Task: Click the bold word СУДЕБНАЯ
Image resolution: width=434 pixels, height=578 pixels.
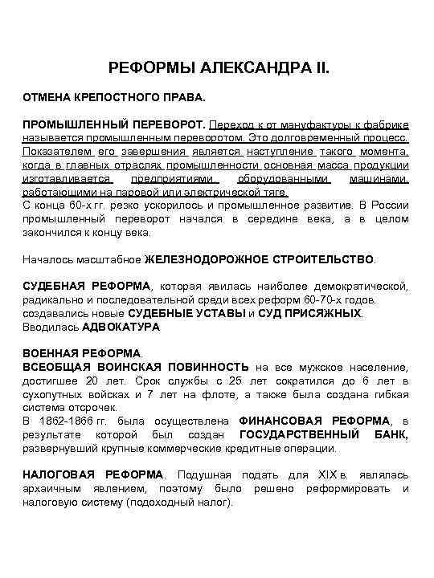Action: (54, 287)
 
